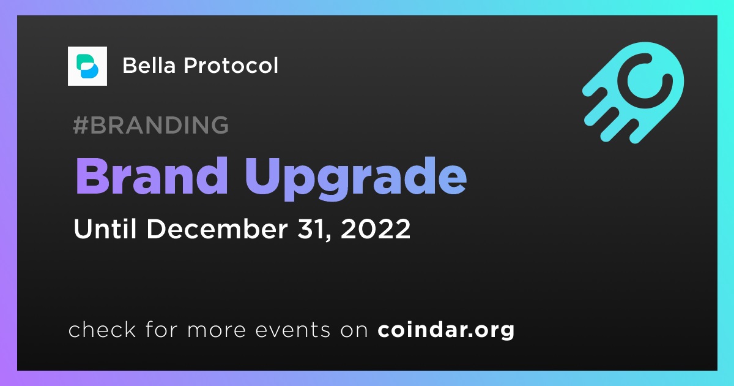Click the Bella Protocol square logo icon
[x=87, y=66]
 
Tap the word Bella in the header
[x=149, y=65]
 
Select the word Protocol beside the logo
[x=231, y=65]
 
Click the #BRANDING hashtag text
[x=150, y=125]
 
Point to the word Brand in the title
[x=152, y=176]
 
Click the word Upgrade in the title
[x=356, y=179]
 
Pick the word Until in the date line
[x=105, y=229]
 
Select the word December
[x=217, y=229]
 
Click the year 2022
[x=376, y=229]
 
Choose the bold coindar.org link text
[x=446, y=330]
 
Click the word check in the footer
[x=102, y=330]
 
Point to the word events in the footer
[x=293, y=330]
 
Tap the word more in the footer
[x=217, y=330]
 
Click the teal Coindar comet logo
[x=634, y=93]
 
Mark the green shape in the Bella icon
[x=84, y=61]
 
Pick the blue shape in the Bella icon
[x=89, y=70]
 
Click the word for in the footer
[x=161, y=329]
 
